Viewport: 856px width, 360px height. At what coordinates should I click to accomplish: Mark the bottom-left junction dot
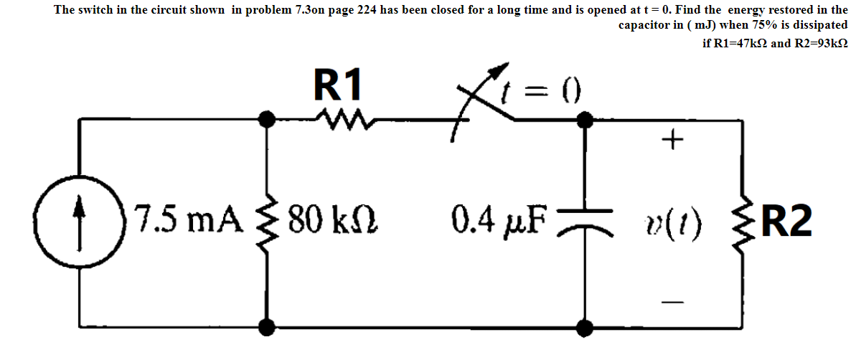[268, 328]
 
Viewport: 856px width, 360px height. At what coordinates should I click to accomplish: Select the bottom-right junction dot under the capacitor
[585, 328]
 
